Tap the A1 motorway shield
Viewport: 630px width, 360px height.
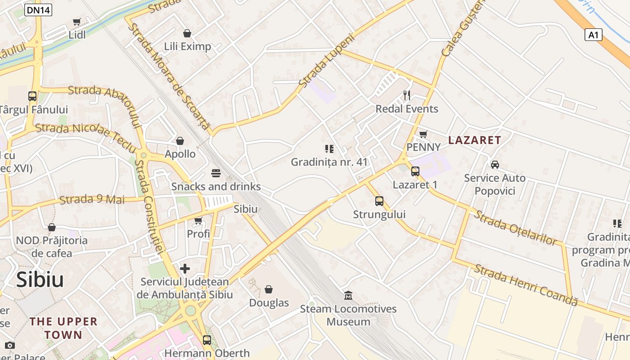(594, 35)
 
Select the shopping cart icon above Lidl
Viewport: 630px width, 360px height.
(77, 22)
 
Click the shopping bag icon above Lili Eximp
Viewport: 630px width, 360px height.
(187, 33)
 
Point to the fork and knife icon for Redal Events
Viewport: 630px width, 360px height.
(407, 95)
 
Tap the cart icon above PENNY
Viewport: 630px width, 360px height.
(423, 134)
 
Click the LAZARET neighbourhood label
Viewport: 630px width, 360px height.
(474, 140)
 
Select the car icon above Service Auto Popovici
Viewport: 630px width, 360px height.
(495, 165)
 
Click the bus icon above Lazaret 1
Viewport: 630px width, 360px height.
(415, 171)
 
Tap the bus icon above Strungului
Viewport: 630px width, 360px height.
(379, 201)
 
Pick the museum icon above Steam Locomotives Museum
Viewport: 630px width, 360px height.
(348, 296)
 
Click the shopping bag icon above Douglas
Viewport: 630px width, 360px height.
(269, 289)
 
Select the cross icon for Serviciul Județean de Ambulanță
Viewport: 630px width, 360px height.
(184, 269)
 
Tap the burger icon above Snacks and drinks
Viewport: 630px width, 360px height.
(216, 173)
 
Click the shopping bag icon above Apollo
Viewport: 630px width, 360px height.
(180, 141)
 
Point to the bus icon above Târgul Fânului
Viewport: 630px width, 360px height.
(32, 96)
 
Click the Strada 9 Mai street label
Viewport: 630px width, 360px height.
(92, 199)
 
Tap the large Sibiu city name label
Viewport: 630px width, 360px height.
(40, 279)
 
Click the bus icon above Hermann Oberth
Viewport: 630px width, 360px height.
(207, 340)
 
